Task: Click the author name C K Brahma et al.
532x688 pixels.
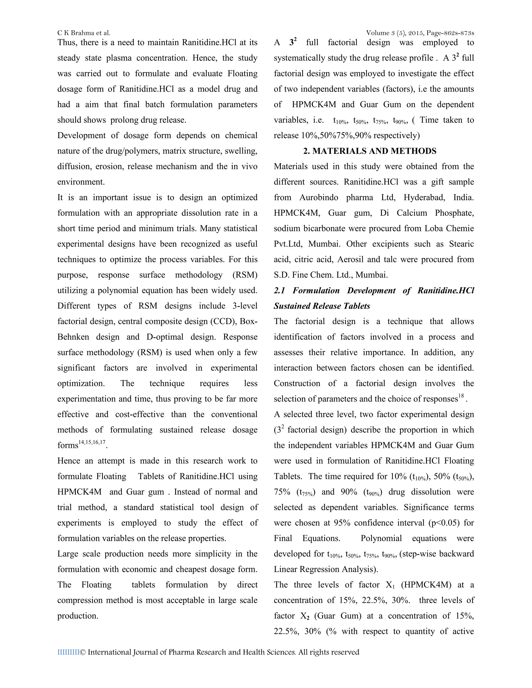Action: click(84, 33)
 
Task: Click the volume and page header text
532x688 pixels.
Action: click(420, 33)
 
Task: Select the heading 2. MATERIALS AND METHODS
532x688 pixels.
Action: click(370, 151)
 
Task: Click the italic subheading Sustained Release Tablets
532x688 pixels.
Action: click(322, 306)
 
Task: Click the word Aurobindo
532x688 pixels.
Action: click(319, 198)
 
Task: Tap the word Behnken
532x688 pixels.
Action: click(73, 337)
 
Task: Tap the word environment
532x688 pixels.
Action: click(81, 182)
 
